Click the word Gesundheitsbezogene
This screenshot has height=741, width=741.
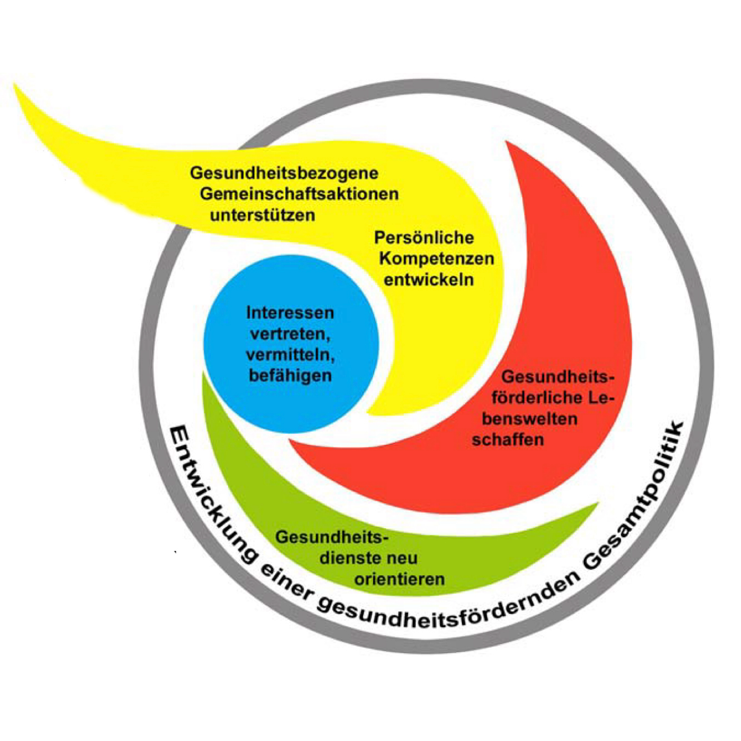coord(284,173)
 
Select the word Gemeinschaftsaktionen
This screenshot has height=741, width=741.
coord(299,194)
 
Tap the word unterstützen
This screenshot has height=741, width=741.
coord(263,215)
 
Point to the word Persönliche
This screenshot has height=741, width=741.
coord(424,237)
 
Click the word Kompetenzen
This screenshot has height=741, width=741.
coord(436,259)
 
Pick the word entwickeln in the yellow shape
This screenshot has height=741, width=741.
coord(429,280)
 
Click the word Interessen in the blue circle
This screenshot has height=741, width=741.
coord(290,313)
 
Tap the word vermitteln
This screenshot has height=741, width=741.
coord(290,355)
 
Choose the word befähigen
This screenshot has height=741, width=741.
coord(290,376)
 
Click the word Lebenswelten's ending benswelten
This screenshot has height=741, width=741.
coord(529,419)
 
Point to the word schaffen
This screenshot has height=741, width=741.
coord(508,440)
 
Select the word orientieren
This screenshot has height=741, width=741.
coord(400,579)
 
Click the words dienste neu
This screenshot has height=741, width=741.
coord(368,558)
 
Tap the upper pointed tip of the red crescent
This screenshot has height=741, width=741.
coord(507,143)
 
